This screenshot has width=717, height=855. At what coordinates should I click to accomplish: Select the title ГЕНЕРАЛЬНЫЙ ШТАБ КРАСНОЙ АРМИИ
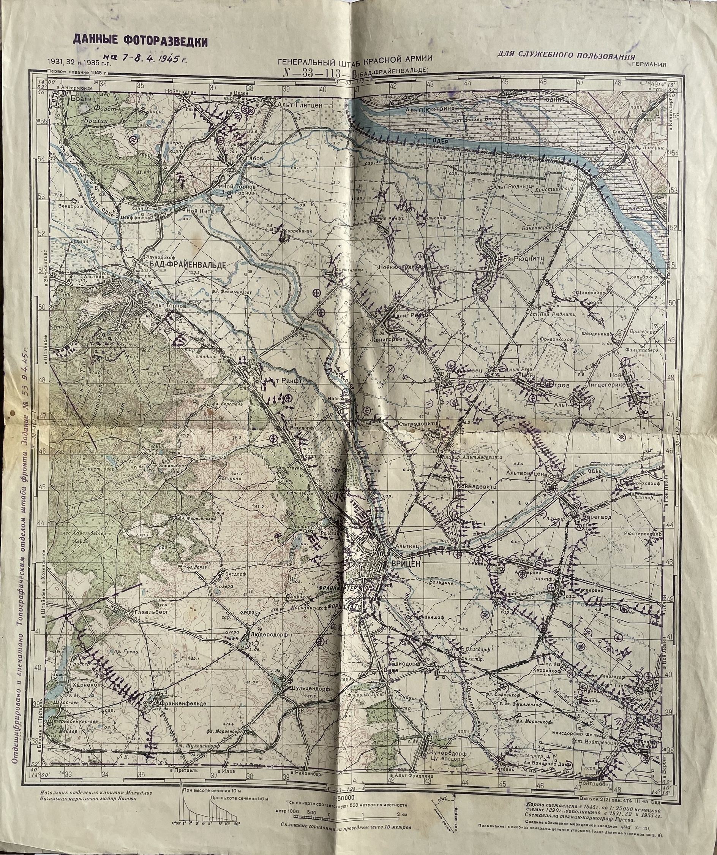pyautogui.click(x=354, y=61)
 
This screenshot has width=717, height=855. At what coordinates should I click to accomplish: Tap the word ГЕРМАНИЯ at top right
pyautogui.click(x=649, y=64)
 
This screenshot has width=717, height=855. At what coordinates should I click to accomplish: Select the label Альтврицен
pyautogui.click(x=525, y=473)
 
